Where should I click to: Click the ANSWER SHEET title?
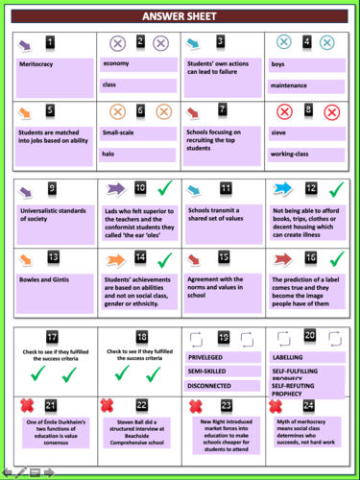pos(180,17)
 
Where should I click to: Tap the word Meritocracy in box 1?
pos(37,63)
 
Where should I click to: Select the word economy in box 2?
pos(116,63)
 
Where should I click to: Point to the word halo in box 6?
pos(110,153)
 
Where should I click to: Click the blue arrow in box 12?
pos(284,189)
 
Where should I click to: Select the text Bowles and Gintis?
pos(44,279)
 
